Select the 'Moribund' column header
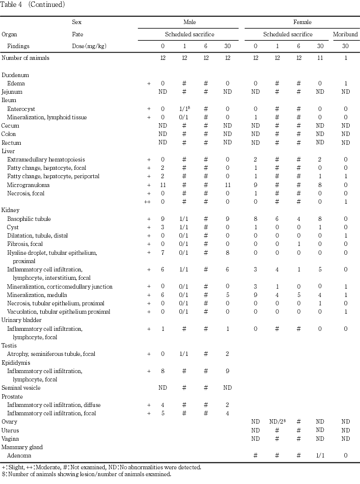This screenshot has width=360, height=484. click(x=345, y=35)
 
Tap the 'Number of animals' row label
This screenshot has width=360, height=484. click(x=25, y=58)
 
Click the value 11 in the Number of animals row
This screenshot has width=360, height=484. click(x=320, y=58)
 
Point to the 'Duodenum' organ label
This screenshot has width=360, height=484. click(x=15, y=75)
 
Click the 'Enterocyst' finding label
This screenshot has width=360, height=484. click(x=21, y=108)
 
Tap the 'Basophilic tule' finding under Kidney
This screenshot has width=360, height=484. click(x=29, y=219)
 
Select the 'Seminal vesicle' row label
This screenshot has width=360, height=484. click(x=21, y=388)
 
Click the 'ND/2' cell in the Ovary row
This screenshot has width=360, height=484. click(x=278, y=422)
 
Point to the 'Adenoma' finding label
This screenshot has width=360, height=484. click(x=19, y=456)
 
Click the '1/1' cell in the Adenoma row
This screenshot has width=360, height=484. click(x=320, y=456)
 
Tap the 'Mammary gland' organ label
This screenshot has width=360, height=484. click(x=22, y=447)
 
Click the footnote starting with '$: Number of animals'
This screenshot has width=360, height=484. click(x=86, y=474)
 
